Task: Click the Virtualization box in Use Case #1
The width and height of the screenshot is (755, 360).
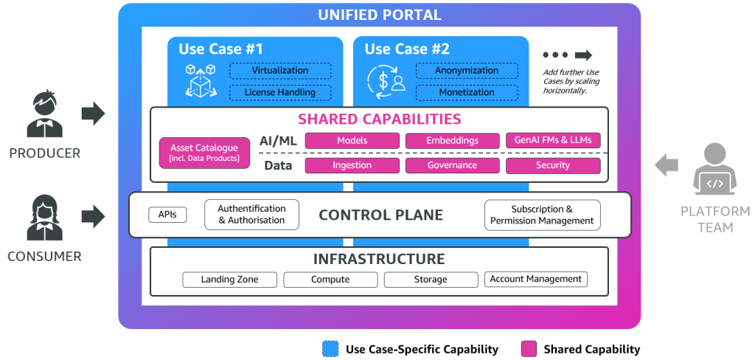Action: [280, 71]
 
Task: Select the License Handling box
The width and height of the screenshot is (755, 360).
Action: [280, 92]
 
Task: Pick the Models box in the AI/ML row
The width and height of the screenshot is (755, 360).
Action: [352, 140]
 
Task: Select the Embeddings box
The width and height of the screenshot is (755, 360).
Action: [452, 140]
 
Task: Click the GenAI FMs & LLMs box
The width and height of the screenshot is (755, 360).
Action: [553, 140]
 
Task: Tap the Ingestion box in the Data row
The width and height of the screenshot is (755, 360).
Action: [352, 165]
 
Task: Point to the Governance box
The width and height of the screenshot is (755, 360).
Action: [452, 165]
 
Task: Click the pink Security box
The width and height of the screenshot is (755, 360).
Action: [553, 165]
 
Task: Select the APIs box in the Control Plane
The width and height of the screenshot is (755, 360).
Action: [167, 215]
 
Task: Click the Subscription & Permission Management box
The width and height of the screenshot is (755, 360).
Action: [542, 215]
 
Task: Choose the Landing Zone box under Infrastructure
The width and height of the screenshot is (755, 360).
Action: [229, 280]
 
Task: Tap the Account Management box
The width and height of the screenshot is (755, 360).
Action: [536, 279]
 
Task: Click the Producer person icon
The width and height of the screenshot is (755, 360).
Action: [44, 115]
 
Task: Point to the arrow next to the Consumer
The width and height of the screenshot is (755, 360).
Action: [93, 215]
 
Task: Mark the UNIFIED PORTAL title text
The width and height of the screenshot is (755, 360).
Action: [379, 15]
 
